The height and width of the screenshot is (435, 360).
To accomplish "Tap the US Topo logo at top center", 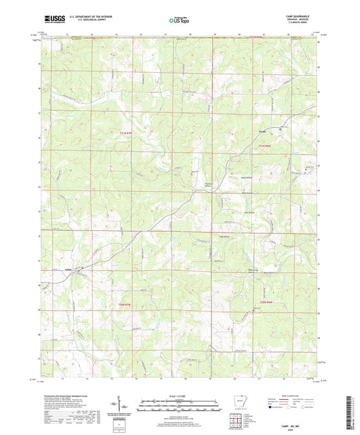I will pos(174,22).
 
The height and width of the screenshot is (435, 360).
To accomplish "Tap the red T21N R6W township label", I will pos(269,147).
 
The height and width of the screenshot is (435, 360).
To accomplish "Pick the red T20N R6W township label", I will pos(269,301).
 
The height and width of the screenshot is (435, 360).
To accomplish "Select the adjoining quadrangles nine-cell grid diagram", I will pos(236,422).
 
